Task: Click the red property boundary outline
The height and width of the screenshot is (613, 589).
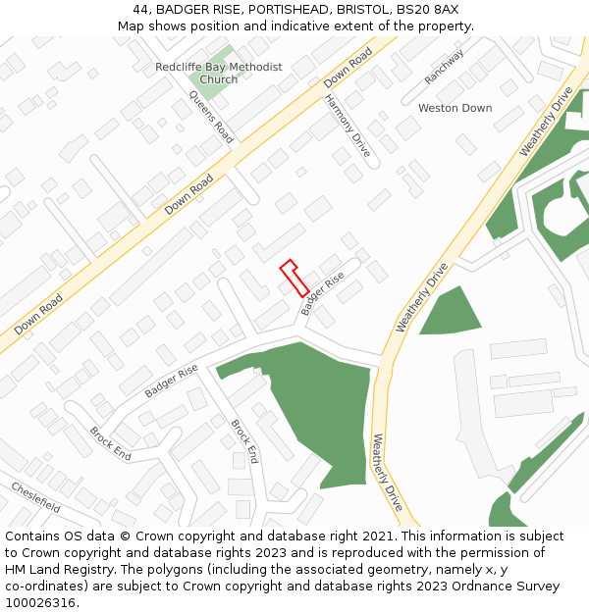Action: [294, 277]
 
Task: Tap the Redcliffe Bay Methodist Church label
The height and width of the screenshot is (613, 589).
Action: [218, 74]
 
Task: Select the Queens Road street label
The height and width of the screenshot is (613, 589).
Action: [210, 117]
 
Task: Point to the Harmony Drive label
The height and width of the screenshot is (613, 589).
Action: [347, 126]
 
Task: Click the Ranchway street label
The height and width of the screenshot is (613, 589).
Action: [444, 67]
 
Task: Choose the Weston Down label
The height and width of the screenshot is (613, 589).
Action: [455, 108]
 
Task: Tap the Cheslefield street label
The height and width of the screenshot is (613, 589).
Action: [36, 497]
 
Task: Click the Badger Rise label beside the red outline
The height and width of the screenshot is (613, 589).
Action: [323, 293]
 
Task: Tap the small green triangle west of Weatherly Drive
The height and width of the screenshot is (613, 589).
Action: [451, 312]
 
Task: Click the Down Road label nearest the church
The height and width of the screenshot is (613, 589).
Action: [349, 66]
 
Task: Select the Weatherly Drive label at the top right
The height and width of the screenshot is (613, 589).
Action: [546, 122]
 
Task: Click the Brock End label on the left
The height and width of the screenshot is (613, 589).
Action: [110, 443]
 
